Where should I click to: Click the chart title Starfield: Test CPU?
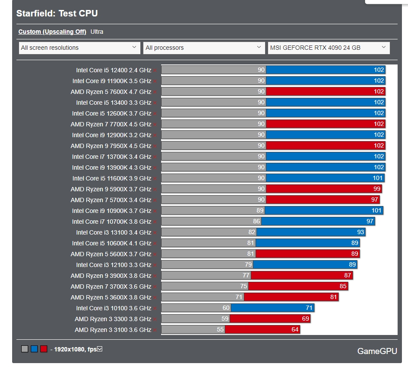coord(57,13)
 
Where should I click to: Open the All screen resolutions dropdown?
coord(79,48)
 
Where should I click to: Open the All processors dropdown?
coord(204,48)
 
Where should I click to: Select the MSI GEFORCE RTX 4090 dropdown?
coord(328,48)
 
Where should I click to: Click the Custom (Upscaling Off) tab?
coord(52,32)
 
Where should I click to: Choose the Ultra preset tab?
coord(97,32)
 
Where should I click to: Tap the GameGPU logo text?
coord(377,351)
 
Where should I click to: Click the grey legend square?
coord(25,349)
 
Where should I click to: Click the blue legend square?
coord(34,349)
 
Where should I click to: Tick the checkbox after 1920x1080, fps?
coord(100,349)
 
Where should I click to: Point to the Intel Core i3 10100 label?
coord(113,308)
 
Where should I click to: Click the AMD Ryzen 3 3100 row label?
coord(113,330)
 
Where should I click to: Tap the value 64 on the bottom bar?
coord(295,330)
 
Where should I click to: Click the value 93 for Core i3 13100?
coord(360,232)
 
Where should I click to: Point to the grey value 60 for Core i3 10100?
coord(226,308)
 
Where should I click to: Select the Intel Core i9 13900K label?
coord(111,167)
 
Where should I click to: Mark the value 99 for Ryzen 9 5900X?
coord(377,189)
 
